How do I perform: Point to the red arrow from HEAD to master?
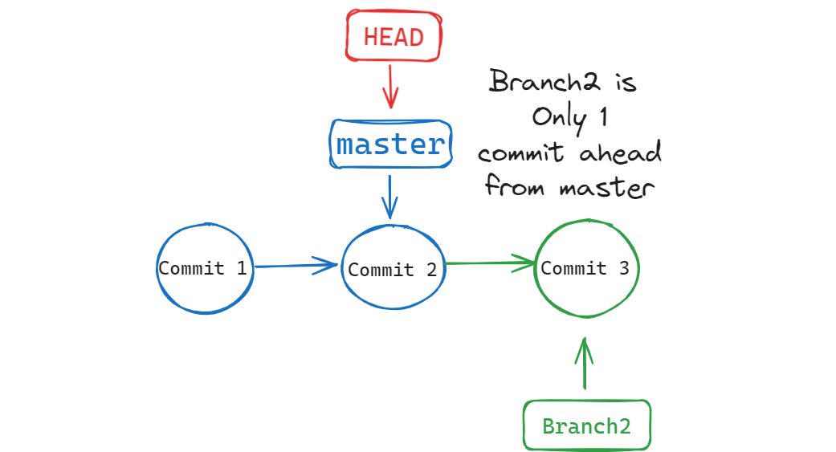click(390, 87)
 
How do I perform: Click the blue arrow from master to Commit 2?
click(389, 197)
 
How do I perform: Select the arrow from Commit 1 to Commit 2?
click(296, 266)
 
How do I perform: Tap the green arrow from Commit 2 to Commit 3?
click(489, 263)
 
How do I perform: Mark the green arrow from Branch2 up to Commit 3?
click(585, 364)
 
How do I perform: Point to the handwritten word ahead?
click(620, 153)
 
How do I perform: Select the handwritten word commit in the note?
click(520, 153)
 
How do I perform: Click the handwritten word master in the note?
click(607, 188)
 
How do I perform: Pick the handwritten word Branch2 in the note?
click(544, 81)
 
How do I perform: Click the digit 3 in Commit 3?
click(624, 267)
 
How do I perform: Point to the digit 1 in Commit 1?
click(242, 267)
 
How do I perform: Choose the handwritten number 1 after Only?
click(603, 116)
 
